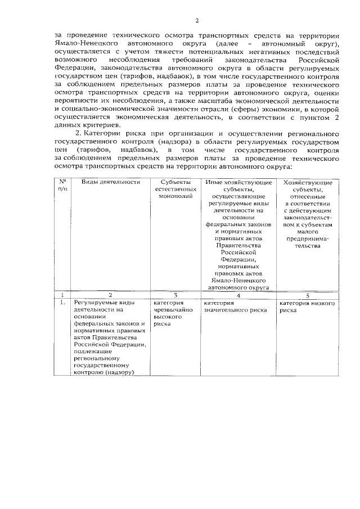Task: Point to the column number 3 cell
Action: tap(175, 295)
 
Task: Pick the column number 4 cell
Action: tap(238, 295)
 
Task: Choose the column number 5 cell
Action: tap(307, 295)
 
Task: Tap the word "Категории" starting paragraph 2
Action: tap(102, 135)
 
